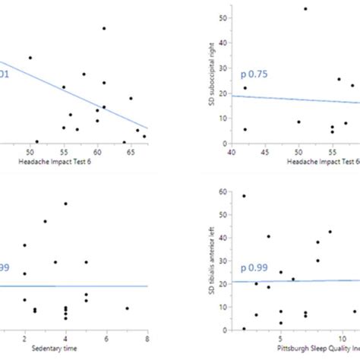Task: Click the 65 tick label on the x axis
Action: point(131,153)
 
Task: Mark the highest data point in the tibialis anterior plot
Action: point(244,196)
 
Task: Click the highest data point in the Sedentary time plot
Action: point(66,204)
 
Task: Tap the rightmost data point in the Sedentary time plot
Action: point(127,308)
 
